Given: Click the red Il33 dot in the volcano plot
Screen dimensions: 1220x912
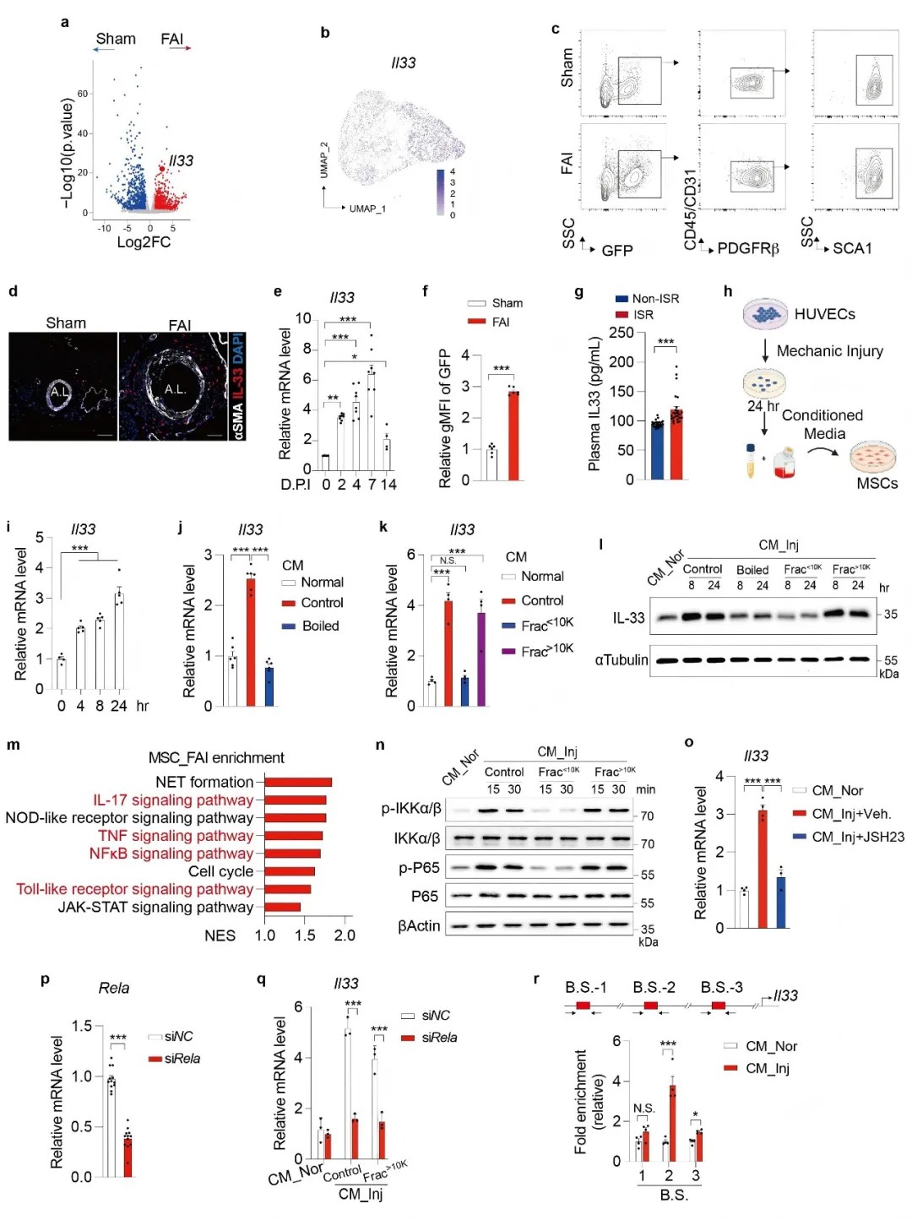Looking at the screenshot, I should coord(161,169).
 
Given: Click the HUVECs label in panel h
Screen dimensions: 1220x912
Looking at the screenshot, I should coord(824,314).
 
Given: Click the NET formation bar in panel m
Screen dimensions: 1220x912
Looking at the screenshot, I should coord(298,783).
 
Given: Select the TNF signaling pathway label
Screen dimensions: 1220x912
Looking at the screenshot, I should coord(175,836).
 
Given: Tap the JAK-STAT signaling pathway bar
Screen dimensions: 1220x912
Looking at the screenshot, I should coord(283,908).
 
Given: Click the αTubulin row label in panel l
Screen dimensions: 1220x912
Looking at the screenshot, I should coord(621,659).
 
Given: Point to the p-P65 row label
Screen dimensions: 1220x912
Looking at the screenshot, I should coord(419,868).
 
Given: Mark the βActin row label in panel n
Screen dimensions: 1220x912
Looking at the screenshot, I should coord(419,926).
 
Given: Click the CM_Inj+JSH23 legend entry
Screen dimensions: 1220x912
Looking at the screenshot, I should coord(857,837).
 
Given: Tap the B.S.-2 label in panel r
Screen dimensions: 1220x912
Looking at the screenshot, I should coord(654,987).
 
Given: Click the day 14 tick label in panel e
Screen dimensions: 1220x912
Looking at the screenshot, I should coord(388,485).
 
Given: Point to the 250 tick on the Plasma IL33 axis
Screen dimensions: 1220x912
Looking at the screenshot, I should coord(621,333).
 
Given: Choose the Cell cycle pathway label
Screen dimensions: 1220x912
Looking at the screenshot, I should coord(220,871).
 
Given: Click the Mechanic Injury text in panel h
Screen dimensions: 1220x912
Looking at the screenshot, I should coord(829,351).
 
